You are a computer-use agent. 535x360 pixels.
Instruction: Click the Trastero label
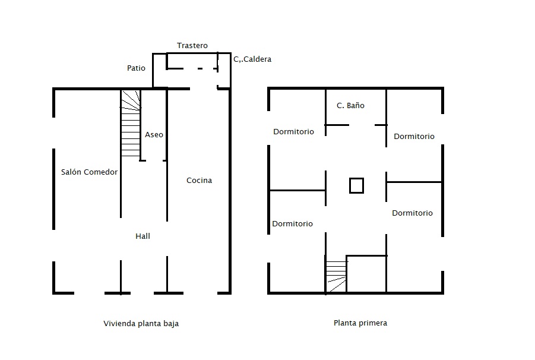[192, 45]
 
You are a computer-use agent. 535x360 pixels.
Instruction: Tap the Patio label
[136, 68]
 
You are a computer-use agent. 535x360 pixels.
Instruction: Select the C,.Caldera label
[252, 59]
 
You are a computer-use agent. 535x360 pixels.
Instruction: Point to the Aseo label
[154, 134]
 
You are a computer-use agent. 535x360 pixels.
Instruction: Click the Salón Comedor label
[89, 172]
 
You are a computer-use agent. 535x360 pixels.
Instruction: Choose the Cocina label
[199, 180]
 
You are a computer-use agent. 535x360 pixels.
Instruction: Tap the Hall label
[143, 236]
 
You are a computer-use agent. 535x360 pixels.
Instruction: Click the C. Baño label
[350, 105]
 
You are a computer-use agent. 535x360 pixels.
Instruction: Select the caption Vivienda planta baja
[141, 324]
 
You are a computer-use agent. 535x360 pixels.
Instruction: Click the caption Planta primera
[360, 323]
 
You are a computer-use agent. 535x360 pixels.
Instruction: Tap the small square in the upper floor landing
[356, 185]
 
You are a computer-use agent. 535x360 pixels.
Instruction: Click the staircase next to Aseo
[131, 124]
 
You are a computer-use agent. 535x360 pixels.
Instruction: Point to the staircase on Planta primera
[337, 276]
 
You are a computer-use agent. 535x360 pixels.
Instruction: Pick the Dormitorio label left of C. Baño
[293, 131]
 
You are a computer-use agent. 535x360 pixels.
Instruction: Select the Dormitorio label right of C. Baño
[414, 136]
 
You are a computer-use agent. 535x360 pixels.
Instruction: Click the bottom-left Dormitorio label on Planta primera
[292, 223]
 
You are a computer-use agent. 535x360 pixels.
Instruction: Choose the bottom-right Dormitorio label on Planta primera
[412, 213]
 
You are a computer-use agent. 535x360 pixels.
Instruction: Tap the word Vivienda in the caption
[119, 324]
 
